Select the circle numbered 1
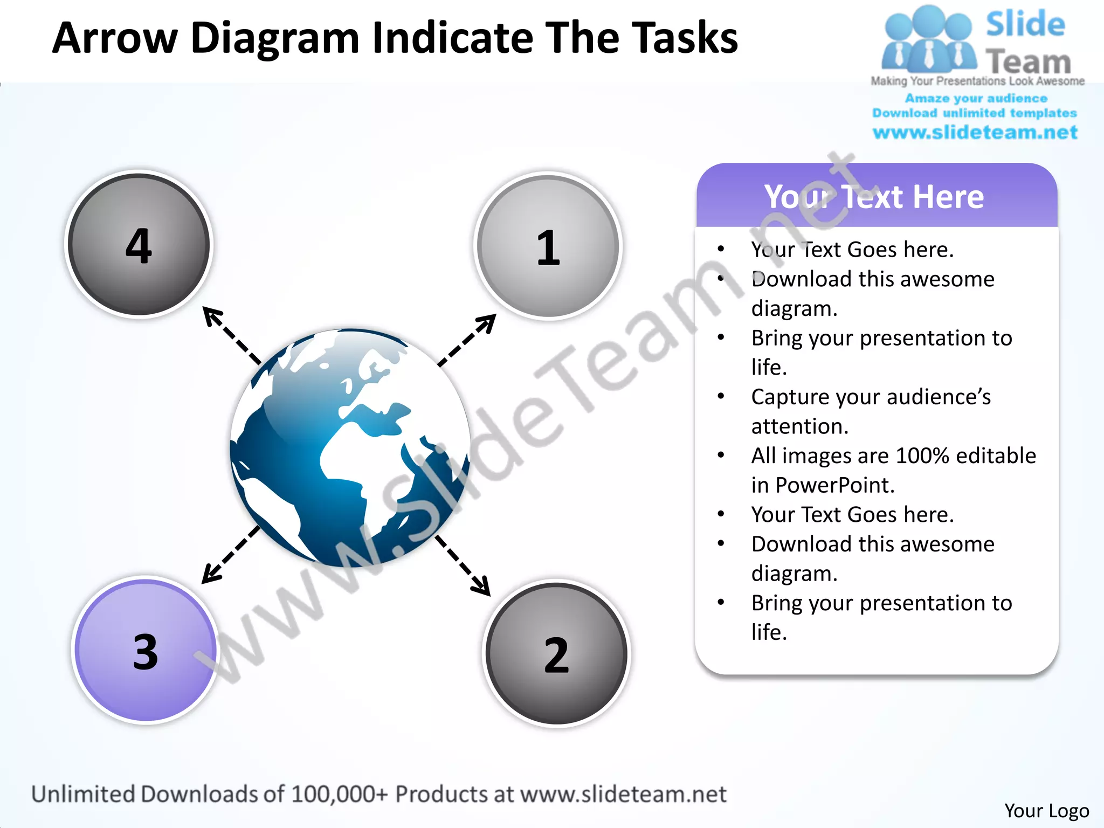548,246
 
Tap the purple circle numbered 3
146,650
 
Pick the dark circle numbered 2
556,653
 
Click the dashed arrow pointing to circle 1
467,340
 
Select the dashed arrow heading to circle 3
230,555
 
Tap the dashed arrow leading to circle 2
463,565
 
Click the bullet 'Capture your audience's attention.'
871,411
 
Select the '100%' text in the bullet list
922,456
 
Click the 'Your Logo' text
1046,810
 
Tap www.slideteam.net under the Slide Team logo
975,132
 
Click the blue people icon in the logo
928,40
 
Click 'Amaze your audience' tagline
976,98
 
